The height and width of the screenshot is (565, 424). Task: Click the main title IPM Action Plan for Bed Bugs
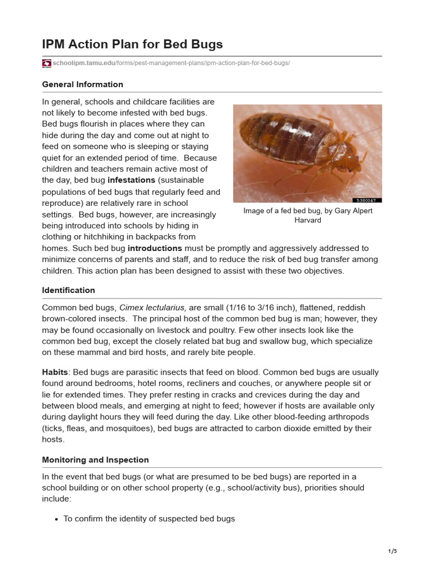pos(132,44)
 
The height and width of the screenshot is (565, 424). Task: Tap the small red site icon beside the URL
pos(46,63)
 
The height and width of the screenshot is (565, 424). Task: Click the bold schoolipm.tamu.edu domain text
pos(83,63)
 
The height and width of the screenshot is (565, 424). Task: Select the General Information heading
pos(82,84)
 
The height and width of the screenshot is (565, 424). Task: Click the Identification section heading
pos(68,290)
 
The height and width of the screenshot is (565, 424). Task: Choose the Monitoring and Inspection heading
pos(96,460)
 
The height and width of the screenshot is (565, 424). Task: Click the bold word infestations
pos(131,180)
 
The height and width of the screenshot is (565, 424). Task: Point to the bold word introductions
pos(155,248)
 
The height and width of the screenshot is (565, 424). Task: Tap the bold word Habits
pos(55,372)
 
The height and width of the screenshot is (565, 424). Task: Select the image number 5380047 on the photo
pos(367,200)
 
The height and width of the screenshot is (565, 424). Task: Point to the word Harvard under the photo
pos(308,220)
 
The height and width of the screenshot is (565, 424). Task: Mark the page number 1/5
pos(393,551)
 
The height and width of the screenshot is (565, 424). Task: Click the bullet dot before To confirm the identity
pos(56,519)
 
